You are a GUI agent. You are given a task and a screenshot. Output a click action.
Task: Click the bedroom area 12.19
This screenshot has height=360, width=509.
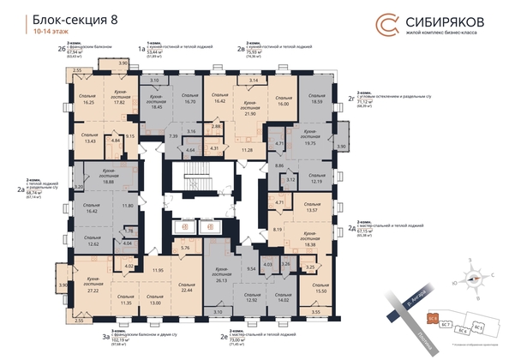tap(317, 181)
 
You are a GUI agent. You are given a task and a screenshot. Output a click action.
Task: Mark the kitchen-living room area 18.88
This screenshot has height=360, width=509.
tap(108, 181)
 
